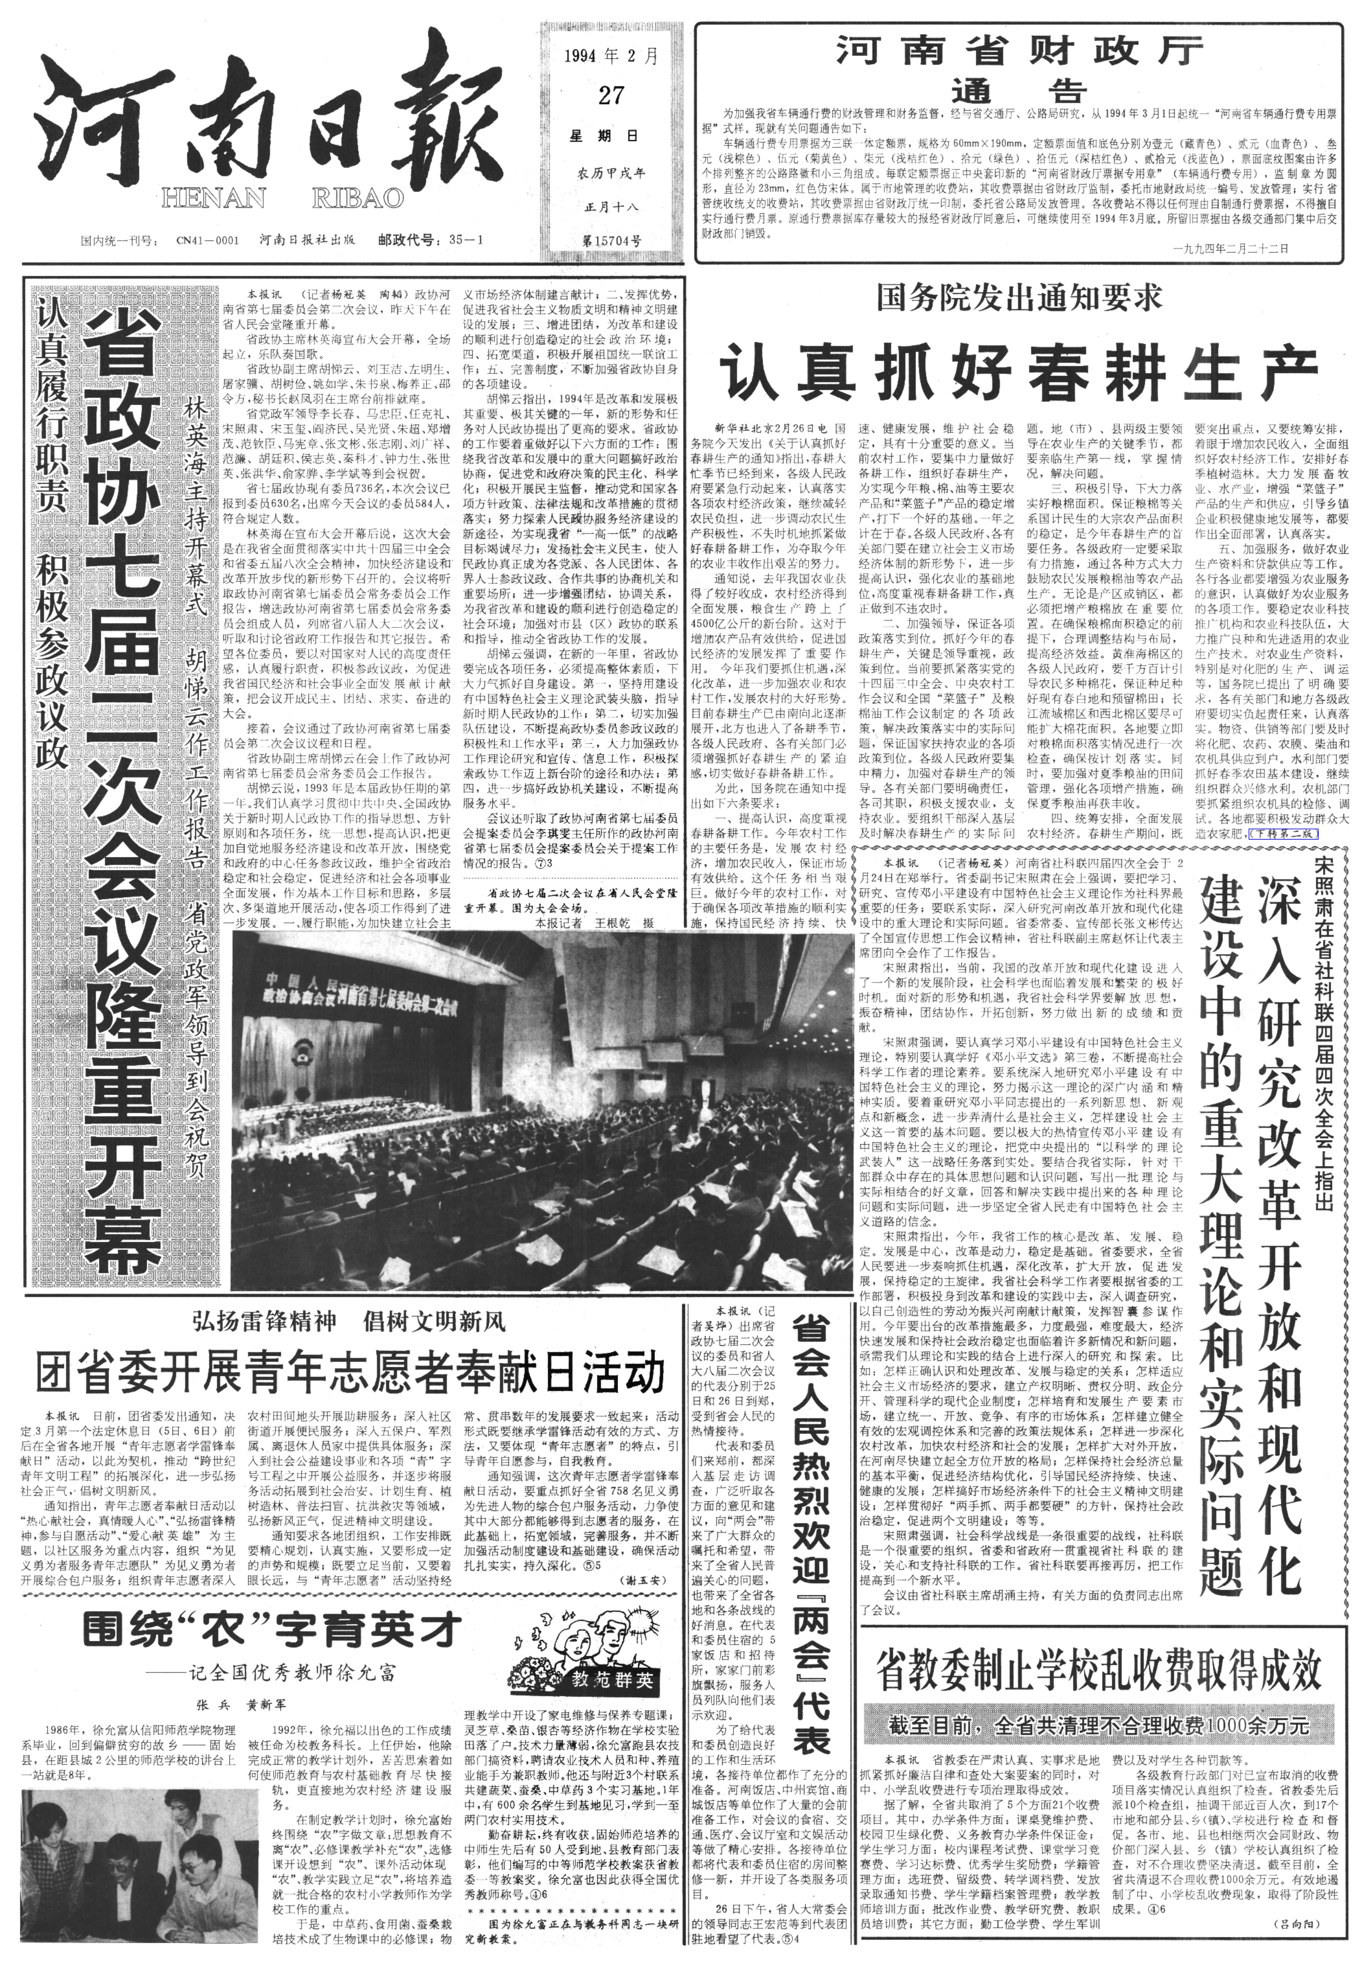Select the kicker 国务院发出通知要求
point(1018,299)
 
